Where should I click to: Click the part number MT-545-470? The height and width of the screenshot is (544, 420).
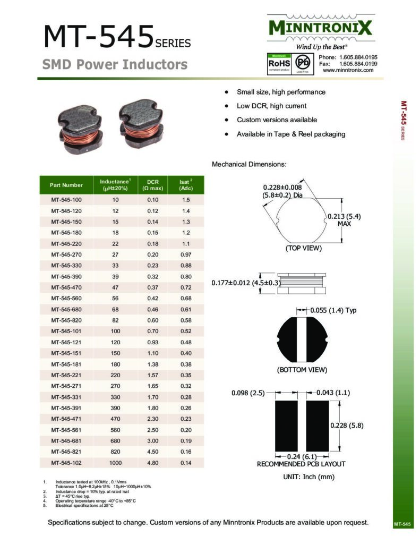66,287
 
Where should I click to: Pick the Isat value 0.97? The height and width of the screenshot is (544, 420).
185,254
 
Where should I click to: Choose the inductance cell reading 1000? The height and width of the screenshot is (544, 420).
115,463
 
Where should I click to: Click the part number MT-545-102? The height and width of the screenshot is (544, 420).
66,463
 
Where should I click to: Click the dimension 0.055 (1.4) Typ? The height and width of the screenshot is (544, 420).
336,310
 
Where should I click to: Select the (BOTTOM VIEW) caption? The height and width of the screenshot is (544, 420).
302,370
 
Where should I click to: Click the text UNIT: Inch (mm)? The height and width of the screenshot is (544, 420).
309,477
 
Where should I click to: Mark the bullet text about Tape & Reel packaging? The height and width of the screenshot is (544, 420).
290,134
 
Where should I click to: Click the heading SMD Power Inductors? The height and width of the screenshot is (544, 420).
115,65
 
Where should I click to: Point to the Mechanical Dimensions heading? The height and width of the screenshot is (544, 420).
249,164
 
